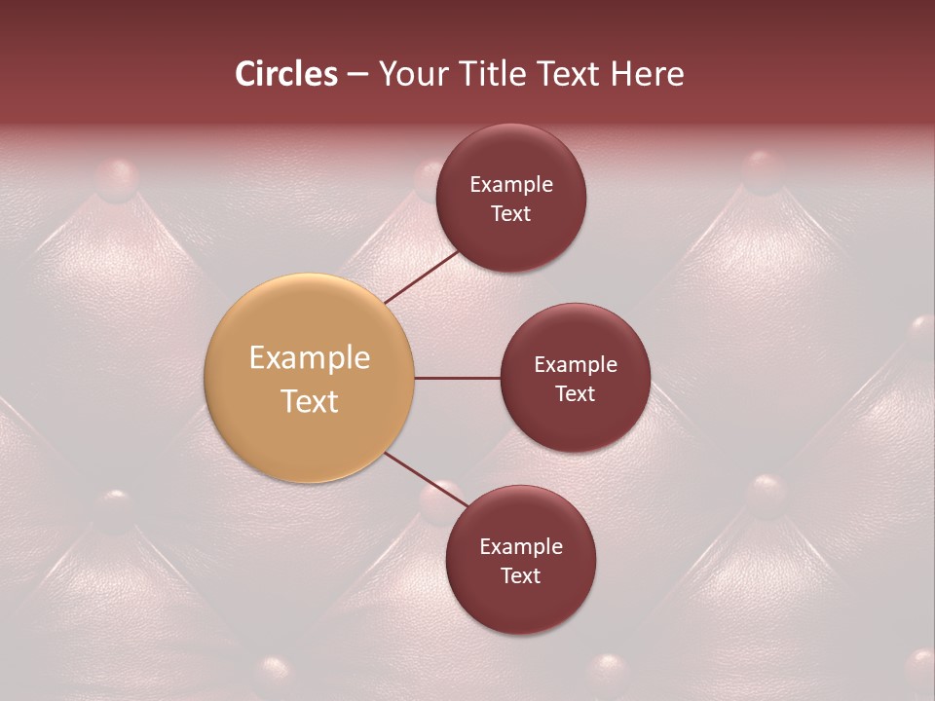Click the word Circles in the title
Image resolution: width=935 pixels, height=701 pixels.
point(285,74)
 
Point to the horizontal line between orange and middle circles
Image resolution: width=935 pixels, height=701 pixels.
point(457,378)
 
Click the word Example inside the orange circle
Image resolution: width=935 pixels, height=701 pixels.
point(310,358)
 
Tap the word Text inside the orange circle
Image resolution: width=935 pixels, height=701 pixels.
point(310,401)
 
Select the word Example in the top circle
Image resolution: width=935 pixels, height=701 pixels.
point(511,185)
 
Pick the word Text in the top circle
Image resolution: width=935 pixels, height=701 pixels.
point(510,214)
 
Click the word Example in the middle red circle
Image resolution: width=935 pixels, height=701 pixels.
point(576,365)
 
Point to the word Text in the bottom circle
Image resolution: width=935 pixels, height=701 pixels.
point(520,576)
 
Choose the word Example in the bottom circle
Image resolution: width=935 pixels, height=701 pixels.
point(521,547)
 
